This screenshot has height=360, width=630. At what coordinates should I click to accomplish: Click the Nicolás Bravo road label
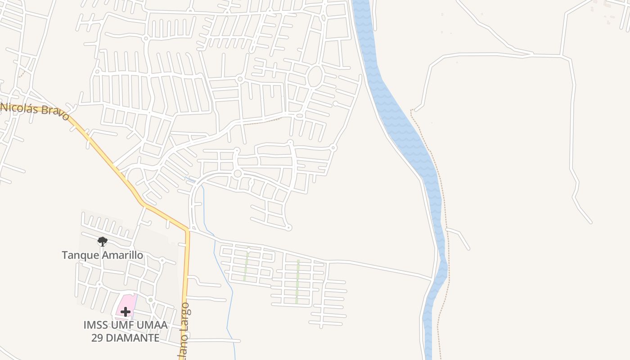[x=35, y=111]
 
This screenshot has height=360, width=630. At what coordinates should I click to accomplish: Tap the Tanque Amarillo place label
[x=103, y=255]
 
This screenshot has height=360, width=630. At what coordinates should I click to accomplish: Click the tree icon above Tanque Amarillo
[x=103, y=242]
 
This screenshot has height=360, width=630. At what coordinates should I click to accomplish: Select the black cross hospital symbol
[x=125, y=311]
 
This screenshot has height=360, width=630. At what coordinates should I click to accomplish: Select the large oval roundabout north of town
[x=315, y=76]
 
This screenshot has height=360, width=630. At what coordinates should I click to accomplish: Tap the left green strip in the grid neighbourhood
[x=246, y=266]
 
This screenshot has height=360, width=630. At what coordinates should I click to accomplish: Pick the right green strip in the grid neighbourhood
[x=297, y=281]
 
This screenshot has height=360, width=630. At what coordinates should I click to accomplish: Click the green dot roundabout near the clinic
[x=150, y=300]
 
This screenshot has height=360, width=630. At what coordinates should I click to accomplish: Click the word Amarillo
[x=122, y=255]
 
